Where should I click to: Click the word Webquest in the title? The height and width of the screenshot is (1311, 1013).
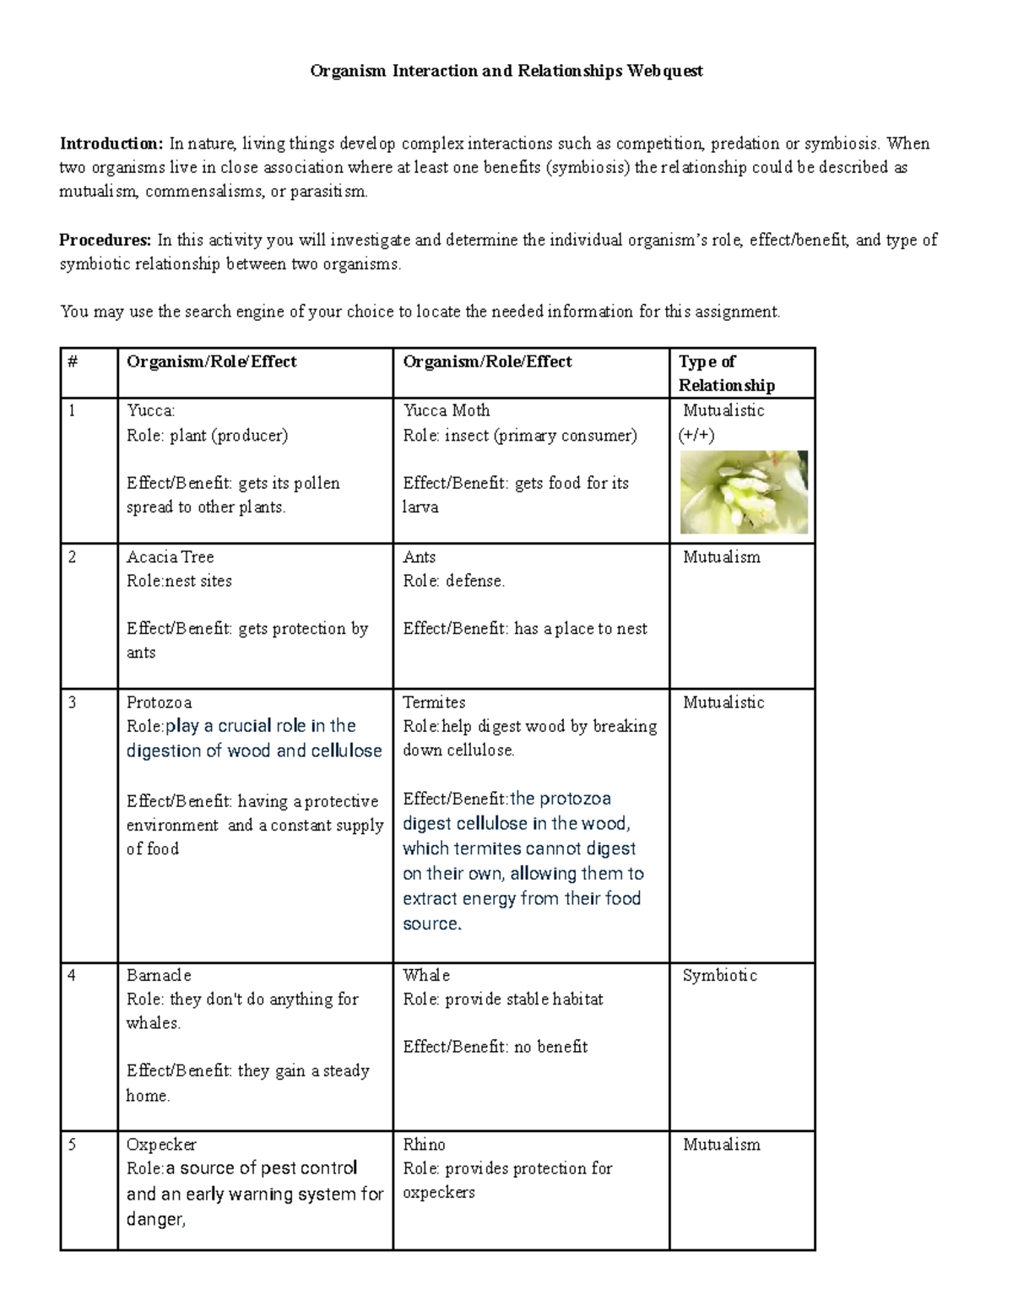coord(664,71)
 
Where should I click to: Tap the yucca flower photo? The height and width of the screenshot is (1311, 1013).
coord(744,492)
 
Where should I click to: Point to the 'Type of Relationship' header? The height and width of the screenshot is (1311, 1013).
coord(727,373)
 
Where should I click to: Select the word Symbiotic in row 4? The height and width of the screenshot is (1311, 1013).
coord(720,975)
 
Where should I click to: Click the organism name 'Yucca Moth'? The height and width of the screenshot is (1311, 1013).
coord(447,410)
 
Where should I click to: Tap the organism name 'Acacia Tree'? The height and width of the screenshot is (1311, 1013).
coord(170,557)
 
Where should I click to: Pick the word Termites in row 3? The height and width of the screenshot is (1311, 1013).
coord(434,702)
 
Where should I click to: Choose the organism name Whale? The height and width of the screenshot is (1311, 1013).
coord(426,975)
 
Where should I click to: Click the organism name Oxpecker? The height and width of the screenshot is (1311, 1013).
coord(161,1145)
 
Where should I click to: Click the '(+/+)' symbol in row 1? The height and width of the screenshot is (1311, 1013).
coord(696,436)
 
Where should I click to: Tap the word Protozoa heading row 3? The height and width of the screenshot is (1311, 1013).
coord(159,702)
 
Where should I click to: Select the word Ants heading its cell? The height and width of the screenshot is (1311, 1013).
coord(420,557)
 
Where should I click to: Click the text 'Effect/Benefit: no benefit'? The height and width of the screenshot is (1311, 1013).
coord(496,1047)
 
